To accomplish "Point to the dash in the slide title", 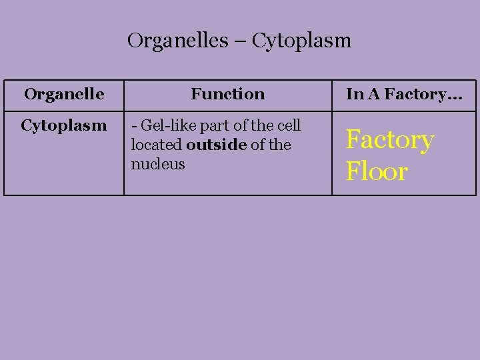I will point(240,41).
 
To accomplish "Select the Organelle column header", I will point(64,94).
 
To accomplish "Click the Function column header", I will point(227,94).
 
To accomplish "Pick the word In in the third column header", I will point(353,94).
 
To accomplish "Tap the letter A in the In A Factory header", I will point(373,94).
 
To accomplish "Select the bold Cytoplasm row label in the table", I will point(64,125).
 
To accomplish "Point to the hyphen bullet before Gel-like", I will point(135,125).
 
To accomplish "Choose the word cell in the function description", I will point(289,125).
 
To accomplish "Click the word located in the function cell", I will point(157,145).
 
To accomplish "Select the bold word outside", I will point(217,145).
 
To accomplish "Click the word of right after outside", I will point(257,145).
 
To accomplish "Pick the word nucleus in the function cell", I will point(158,164).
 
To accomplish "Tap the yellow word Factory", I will point(389,140).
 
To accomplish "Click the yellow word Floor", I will point(377,171).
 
